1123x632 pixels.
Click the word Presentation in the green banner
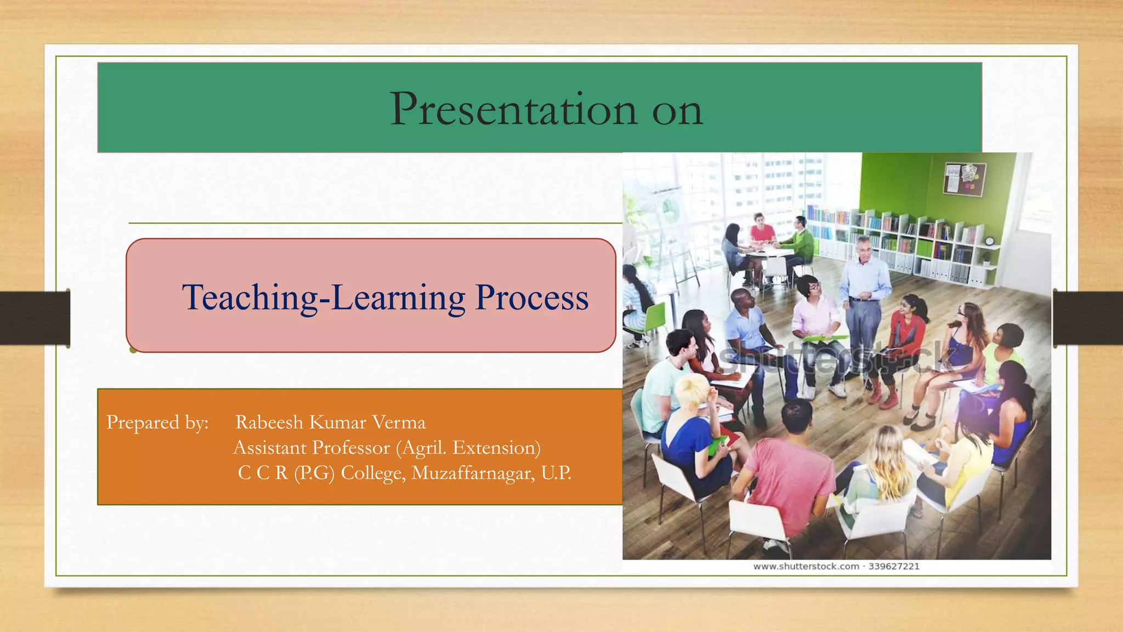(x=513, y=110)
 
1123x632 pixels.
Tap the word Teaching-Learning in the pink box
(x=324, y=298)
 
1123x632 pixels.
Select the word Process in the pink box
(x=531, y=298)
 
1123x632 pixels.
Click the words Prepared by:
(x=157, y=422)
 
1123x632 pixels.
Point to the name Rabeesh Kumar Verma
(x=330, y=422)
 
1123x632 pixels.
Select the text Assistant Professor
(x=311, y=448)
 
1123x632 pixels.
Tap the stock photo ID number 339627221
(x=894, y=567)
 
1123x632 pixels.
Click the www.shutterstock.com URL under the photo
(x=806, y=567)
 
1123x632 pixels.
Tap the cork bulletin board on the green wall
(x=963, y=179)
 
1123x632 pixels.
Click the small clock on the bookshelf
(x=989, y=241)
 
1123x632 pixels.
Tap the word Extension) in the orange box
(x=496, y=448)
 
